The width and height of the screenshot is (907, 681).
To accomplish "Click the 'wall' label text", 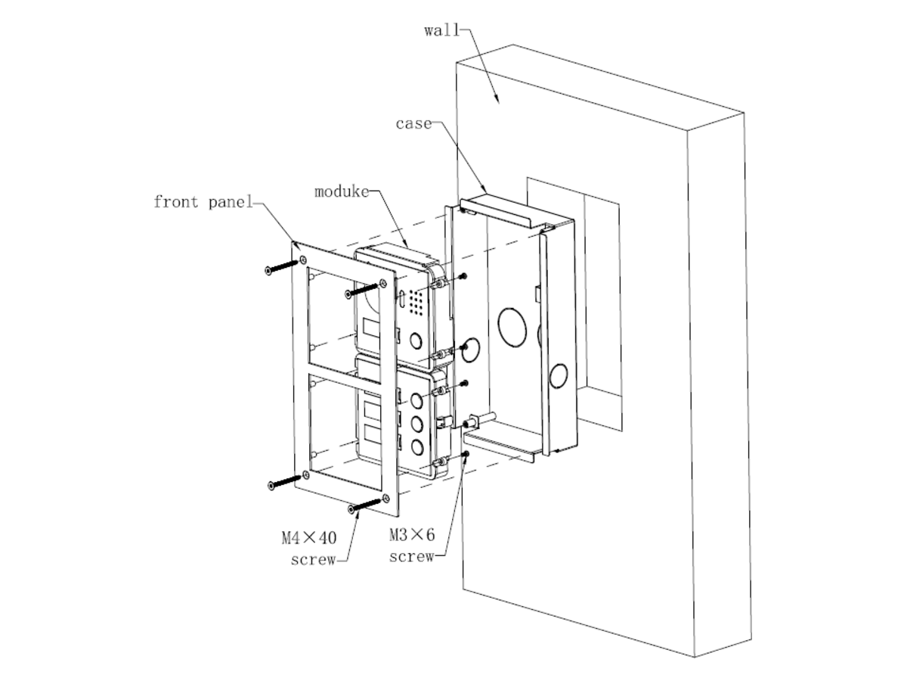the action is point(441,30).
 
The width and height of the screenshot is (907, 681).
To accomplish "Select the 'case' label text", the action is point(413,123).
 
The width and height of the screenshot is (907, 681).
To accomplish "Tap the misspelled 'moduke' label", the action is point(342,192).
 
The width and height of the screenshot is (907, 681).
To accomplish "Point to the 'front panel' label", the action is point(203,202).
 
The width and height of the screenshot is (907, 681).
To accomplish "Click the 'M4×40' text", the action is point(309,538).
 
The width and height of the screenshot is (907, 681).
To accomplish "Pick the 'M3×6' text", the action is point(412,535).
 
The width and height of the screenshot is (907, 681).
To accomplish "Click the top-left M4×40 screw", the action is point(281,266).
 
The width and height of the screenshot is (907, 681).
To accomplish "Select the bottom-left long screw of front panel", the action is point(284,482).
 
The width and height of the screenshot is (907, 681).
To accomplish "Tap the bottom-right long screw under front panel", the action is point(364,505).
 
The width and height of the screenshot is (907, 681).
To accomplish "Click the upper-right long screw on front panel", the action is point(361,290).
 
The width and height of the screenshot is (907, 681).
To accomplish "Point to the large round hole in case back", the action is point(512,327).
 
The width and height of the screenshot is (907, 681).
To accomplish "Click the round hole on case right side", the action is point(558,375).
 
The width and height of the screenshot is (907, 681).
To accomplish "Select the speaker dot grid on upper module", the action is point(415,300).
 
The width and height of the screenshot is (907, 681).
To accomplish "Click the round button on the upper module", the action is point(416,340).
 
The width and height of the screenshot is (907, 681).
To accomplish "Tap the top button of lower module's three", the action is point(416,400).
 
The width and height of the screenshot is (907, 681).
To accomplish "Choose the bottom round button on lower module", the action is point(417,448).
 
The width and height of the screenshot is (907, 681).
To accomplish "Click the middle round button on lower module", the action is point(417,424).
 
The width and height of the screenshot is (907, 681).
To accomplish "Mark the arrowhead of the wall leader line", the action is point(497,100).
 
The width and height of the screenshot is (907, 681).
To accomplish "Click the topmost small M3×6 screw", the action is point(464,275).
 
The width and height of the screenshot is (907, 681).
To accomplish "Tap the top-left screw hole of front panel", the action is point(303,260).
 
